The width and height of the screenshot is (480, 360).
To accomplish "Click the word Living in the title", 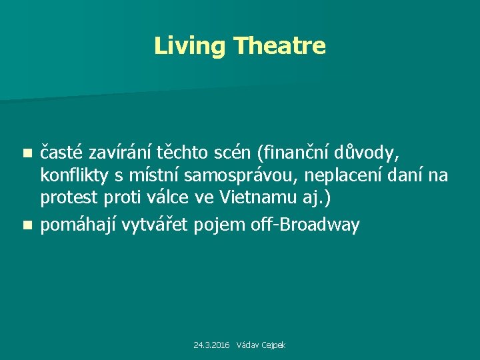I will [x=191, y=46].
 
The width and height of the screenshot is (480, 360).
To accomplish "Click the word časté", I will [x=63, y=153].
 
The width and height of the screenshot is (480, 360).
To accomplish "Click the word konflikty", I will [x=73, y=177].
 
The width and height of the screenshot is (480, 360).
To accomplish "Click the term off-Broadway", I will [x=305, y=225].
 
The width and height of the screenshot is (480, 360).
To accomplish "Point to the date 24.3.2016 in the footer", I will [x=211, y=345].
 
